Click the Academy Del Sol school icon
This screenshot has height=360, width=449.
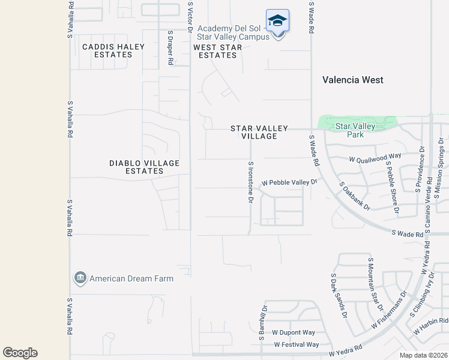(277, 22)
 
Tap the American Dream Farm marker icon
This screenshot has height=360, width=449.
(80, 278)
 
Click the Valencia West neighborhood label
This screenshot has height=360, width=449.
(352, 80)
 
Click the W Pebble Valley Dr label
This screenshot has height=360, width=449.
(288, 182)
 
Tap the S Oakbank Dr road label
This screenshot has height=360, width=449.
(354, 197)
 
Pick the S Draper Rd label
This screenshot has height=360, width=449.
(170, 48)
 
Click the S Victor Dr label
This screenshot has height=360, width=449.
(190, 16)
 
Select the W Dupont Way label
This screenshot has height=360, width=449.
(294, 332)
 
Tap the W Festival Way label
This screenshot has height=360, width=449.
(297, 344)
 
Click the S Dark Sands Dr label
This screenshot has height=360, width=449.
(339, 296)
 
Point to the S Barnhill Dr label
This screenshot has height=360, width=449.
(263, 322)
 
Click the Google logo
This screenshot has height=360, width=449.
(20, 353)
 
